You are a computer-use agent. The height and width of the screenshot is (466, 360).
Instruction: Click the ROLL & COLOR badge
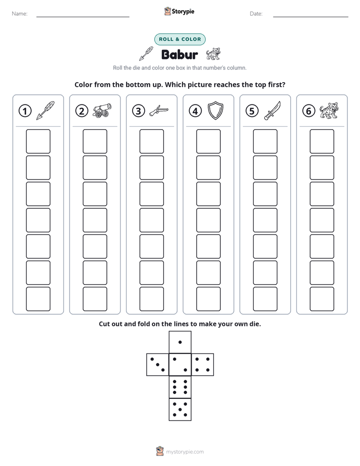[179, 39]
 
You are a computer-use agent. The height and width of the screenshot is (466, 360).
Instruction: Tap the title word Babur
[179, 54]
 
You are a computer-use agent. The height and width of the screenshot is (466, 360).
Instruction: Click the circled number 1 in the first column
[25, 111]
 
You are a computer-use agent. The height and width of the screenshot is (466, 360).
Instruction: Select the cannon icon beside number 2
[102, 110]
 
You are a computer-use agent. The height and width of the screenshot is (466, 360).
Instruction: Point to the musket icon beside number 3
[159, 110]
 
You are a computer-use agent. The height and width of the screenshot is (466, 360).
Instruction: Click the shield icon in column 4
[215, 110]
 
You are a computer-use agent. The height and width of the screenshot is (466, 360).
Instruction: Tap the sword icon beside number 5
[272, 110]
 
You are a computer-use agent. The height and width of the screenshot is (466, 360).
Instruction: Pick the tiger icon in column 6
[329, 110]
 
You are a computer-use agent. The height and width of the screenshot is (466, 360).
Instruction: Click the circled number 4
[195, 111]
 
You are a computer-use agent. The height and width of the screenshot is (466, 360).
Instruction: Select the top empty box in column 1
[38, 141]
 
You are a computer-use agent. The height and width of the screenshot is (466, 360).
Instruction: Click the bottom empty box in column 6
[322, 299]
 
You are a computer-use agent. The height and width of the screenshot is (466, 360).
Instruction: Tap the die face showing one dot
[180, 342]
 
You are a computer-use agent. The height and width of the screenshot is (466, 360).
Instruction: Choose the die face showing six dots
[180, 387]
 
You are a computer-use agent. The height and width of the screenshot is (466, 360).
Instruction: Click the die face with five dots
[180, 409]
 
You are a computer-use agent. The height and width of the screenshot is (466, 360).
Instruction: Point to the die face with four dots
[203, 365]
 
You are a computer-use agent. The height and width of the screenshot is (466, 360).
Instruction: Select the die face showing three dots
[158, 365]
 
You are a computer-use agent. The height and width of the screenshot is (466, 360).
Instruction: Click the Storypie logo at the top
[179, 11]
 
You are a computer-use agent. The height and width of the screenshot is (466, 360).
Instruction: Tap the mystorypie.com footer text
[185, 452]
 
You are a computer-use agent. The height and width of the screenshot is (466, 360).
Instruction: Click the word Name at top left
[20, 14]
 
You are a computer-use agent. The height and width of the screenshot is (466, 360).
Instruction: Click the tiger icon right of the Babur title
[213, 54]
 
